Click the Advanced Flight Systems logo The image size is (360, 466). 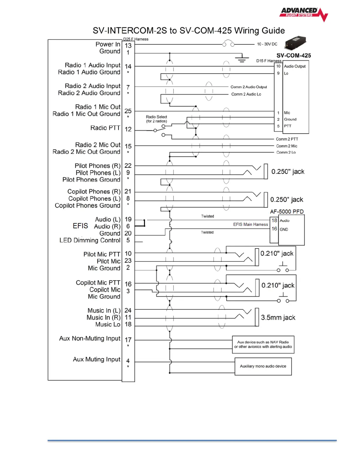click(304, 14)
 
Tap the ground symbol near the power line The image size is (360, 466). click(241, 59)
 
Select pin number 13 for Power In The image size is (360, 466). click(128, 46)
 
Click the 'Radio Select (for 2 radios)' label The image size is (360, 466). click(156, 119)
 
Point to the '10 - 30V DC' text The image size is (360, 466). click(267, 44)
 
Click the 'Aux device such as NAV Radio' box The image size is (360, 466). click(263, 344)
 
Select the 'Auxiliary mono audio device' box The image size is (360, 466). click(263, 366)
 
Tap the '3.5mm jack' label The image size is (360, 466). click(278, 317)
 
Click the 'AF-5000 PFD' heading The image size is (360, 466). click(287, 212)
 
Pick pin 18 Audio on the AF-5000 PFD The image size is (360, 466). click(274, 220)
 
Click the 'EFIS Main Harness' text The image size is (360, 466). click(251, 224)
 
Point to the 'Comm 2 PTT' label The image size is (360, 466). click(287, 139)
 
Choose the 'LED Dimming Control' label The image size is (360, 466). click(90, 240)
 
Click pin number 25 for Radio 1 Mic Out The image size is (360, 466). click(128, 111)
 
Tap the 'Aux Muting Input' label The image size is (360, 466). click(96, 359)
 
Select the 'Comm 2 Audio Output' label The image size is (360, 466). click(249, 87)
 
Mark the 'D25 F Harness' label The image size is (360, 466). click(136, 39)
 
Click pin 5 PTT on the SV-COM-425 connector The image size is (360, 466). click(278, 126)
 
